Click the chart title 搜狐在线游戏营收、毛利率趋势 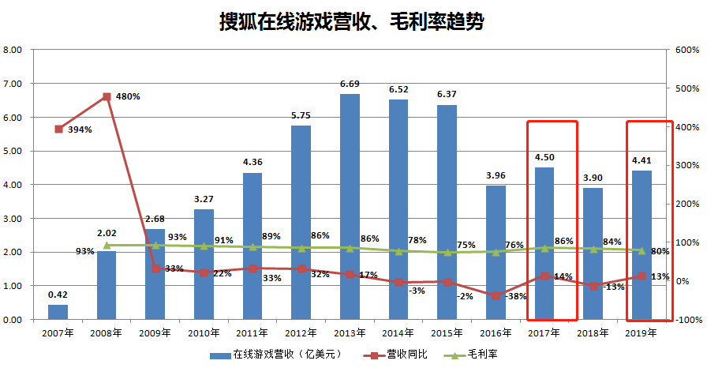coord(351,21)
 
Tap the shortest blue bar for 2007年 coord(58,312)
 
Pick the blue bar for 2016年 coord(496,253)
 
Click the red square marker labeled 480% coord(107,97)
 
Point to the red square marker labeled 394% coord(58,129)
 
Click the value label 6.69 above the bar coord(350,84)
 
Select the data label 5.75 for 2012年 coord(301,115)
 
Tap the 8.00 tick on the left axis coord(13,50)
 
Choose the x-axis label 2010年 coord(204,334)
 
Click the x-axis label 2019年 coord(642,334)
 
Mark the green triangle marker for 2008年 coord(107,246)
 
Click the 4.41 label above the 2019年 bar coord(642,161)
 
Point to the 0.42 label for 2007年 coord(58,295)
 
